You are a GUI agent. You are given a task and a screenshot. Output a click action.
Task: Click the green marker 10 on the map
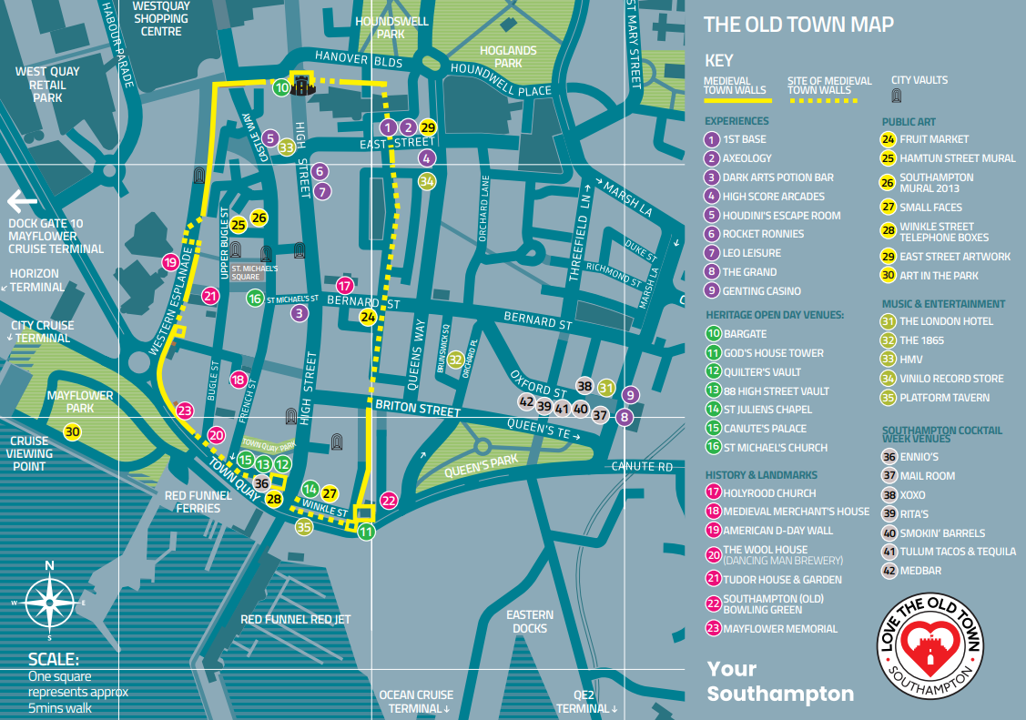(282, 87)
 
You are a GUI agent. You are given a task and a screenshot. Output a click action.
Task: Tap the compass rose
(50, 602)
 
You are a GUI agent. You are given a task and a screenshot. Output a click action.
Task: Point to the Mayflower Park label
(80, 401)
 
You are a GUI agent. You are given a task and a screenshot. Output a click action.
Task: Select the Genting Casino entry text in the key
(761, 291)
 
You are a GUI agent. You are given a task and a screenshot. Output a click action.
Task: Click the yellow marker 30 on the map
(73, 432)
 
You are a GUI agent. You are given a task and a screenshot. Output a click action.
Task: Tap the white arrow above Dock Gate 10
(23, 200)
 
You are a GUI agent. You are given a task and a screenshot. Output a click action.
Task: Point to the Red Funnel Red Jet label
(295, 620)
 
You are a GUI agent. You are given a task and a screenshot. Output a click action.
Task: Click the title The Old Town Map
(798, 25)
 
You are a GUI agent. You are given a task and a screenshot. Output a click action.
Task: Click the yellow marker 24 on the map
(368, 318)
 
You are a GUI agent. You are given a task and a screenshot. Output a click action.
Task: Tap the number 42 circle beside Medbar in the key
(889, 571)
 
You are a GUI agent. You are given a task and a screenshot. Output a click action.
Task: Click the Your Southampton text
(780, 682)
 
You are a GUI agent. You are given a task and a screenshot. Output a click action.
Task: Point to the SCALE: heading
(54, 660)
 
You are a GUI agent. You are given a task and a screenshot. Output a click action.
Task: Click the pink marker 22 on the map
(389, 500)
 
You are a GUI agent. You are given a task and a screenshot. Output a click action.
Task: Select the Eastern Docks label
(530, 622)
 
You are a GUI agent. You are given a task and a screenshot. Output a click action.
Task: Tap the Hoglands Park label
(508, 57)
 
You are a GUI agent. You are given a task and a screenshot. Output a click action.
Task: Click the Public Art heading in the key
(908, 122)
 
